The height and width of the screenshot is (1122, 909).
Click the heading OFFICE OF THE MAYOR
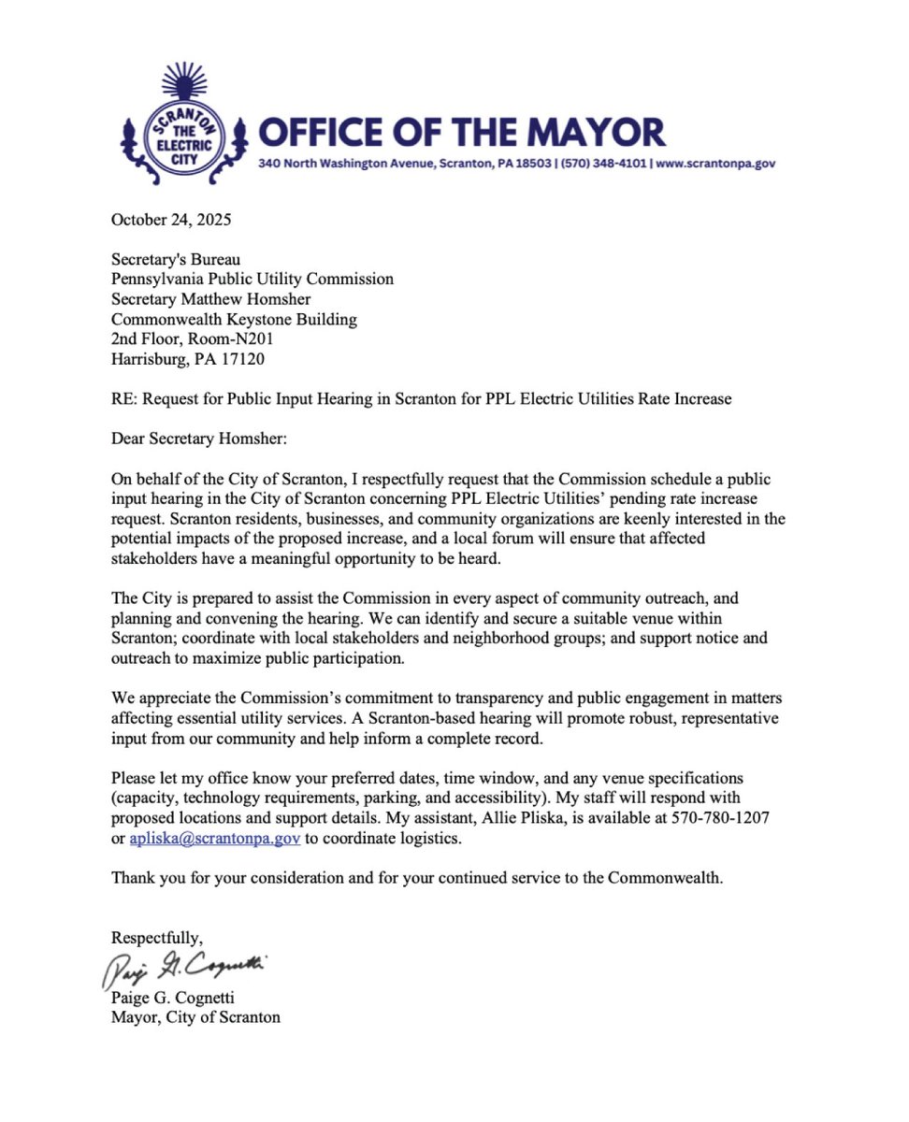pos(461,132)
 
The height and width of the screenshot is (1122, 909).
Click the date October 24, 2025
pos(171,221)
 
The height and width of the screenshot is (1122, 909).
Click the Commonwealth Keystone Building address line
pos(234,319)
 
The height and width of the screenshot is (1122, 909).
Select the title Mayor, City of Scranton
pos(195,1017)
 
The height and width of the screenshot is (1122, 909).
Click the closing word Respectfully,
pos(157,938)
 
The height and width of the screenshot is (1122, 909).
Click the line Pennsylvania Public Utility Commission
pos(252,280)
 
